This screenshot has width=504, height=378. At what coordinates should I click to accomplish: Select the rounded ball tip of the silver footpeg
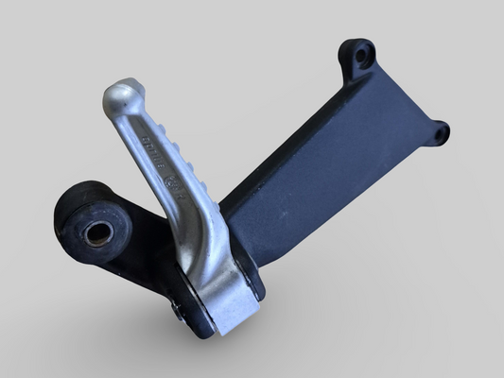(x=120, y=96)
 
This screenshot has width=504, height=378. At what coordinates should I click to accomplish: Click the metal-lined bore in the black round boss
(x=96, y=233)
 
